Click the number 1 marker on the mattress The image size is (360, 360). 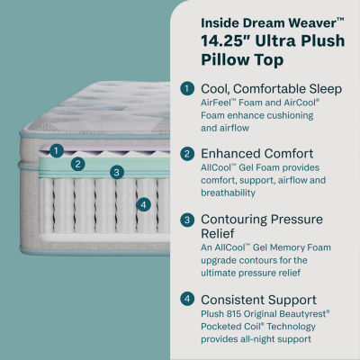(x=56, y=150)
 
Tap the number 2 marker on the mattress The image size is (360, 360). (x=78, y=163)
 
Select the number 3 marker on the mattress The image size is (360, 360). (x=116, y=172)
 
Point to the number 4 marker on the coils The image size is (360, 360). (x=143, y=203)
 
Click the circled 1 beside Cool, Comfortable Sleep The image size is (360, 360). (x=186, y=88)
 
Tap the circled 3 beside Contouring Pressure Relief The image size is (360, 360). (x=186, y=219)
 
